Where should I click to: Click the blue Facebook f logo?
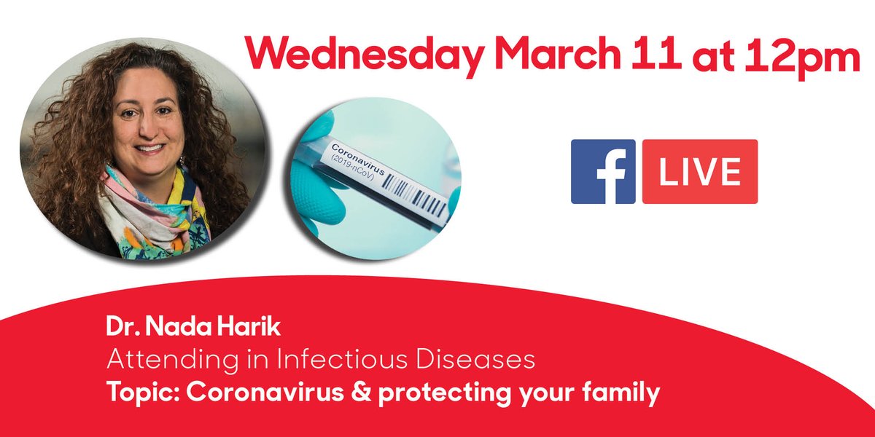click(603, 171)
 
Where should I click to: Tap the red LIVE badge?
click(700, 171)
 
